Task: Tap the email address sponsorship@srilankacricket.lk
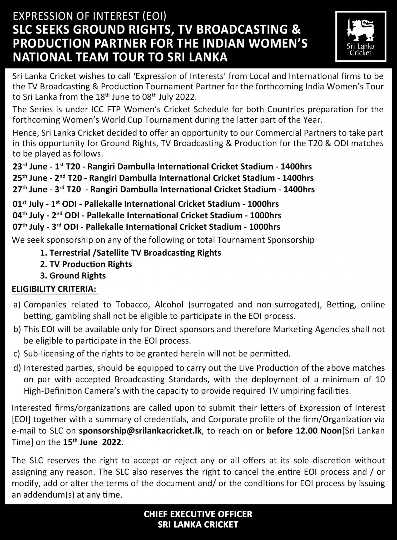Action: click(x=140, y=431)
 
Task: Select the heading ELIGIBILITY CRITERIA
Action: click(x=54, y=289)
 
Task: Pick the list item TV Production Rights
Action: click(x=91, y=264)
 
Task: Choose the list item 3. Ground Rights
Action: click(x=73, y=276)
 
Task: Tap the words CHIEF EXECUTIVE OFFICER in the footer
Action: click(x=198, y=514)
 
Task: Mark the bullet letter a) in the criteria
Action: click(x=17, y=305)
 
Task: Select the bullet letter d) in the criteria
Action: click(x=17, y=368)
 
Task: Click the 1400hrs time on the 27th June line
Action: click(x=299, y=190)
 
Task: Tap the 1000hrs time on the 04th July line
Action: click(x=266, y=215)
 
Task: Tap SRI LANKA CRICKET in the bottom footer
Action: click(x=198, y=524)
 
